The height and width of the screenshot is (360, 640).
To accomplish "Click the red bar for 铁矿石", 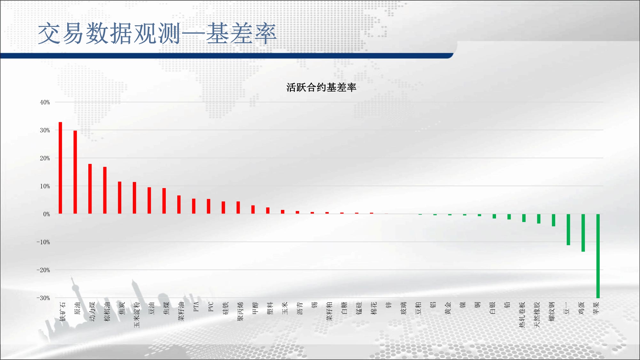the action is coord(60,168).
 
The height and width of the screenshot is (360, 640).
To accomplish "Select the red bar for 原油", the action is coord(75,172).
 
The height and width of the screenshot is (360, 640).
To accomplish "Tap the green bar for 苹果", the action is coord(598,256).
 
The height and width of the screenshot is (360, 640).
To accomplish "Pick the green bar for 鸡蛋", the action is coord(583,233).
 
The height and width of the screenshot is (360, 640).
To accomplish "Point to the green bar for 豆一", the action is coord(568,229).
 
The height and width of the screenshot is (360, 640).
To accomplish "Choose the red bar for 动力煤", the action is coord(90,189).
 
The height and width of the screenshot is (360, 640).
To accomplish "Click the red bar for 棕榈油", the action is coord(105,190).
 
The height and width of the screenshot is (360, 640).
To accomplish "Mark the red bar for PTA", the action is coord(194,206).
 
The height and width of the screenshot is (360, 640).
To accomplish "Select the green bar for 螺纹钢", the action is coord(554,220).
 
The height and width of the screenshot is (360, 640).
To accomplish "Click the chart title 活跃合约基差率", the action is coord(321,87).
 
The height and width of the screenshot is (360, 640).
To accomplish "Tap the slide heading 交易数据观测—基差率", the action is coord(157,33).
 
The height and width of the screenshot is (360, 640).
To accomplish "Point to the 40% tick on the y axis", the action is coord(45,102).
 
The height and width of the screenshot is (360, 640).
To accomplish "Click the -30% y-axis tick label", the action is coord(43,298).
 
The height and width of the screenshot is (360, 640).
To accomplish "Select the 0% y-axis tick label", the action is coord(47,214).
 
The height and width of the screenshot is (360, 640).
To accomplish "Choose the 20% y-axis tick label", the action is coord(45,158).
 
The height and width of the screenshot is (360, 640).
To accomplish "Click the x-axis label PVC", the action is coord(211,307).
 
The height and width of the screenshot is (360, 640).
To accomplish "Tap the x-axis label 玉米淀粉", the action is coord(137,315).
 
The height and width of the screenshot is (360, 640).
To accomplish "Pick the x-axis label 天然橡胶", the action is coord(537,315).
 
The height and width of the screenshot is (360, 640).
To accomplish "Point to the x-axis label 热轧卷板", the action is coord(522,315).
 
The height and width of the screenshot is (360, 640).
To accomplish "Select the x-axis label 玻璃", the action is coord(404,308).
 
